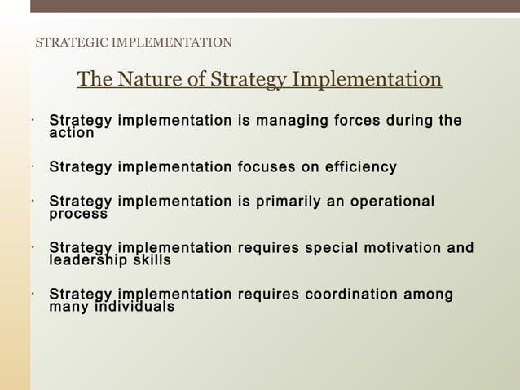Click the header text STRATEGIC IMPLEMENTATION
(x=134, y=42)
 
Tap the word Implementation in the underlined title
(x=367, y=80)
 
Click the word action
(x=72, y=132)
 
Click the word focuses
(x=268, y=167)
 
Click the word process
(x=78, y=214)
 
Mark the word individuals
(x=133, y=307)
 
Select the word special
(x=331, y=248)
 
